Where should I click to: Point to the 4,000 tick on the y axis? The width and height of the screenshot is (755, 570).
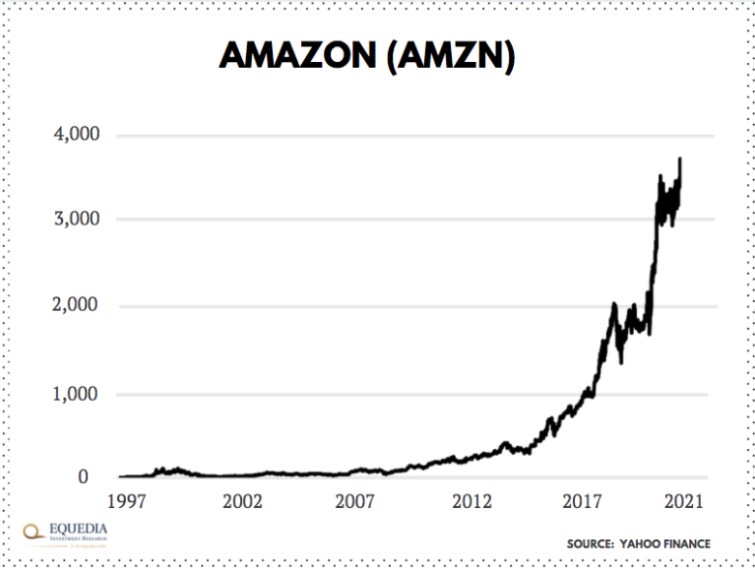coord(75,135)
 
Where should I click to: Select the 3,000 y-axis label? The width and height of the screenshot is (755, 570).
coord(75,219)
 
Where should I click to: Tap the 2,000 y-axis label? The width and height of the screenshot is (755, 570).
coord(75,306)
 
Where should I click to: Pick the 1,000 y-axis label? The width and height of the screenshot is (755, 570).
coord(75,394)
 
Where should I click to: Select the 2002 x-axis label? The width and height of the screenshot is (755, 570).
coord(242,501)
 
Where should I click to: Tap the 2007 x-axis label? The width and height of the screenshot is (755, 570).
coord(356,501)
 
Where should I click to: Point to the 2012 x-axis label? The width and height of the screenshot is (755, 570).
coord(471,501)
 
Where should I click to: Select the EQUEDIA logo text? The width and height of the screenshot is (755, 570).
coord(80,529)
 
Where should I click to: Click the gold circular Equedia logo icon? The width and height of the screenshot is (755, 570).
coord(34,531)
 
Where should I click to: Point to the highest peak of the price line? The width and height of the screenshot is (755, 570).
coord(680,159)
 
